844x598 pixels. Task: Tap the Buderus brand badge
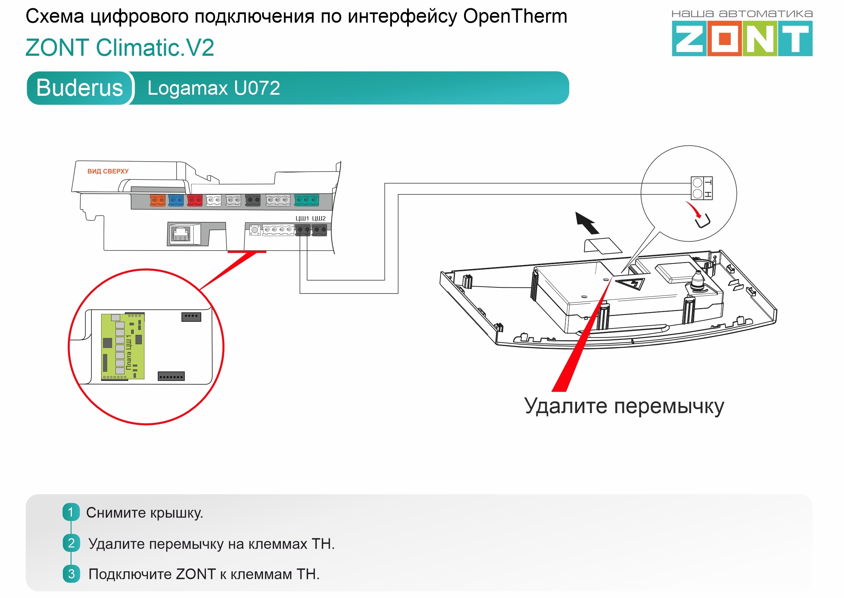(79, 88)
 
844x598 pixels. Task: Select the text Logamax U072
(213, 88)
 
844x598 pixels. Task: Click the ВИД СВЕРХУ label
(108, 171)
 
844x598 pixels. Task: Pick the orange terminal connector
(158, 200)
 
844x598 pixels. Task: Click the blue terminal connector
(176, 200)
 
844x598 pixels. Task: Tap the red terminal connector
(195, 200)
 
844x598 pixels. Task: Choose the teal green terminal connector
(306, 200)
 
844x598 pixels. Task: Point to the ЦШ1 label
(302, 218)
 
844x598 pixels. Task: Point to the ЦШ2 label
(319, 218)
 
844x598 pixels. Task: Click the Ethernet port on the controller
(182, 233)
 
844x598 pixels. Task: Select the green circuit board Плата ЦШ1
(123, 346)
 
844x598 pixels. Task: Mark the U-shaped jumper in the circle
(702, 222)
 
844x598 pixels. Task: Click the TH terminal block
(701, 188)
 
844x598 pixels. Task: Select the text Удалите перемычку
(624, 406)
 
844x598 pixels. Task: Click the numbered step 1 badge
(71, 512)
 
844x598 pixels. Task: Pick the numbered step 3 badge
(71, 574)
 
